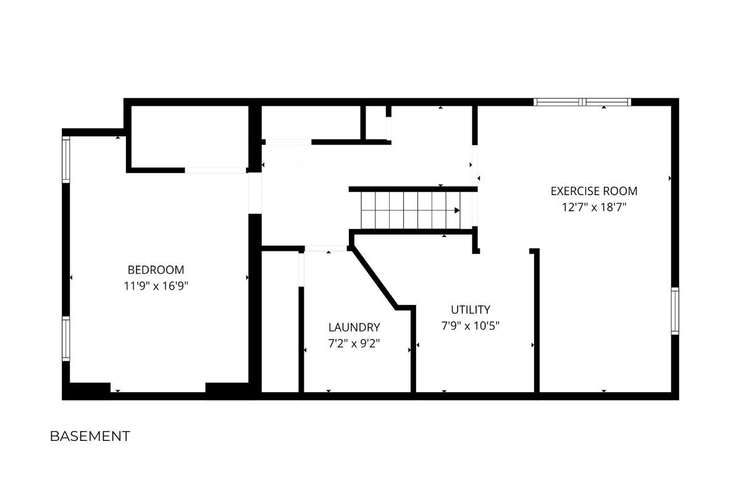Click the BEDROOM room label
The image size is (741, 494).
[156, 270]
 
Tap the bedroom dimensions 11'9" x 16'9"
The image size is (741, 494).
[156, 285]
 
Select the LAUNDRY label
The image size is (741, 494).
[354, 327]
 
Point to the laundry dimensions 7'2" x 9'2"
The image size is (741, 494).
[354, 343]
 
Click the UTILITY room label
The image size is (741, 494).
[471, 310]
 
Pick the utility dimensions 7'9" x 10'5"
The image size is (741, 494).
[471, 326]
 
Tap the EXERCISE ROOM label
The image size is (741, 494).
[594, 191]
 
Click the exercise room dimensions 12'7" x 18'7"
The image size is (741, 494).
[594, 207]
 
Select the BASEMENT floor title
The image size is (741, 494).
[90, 436]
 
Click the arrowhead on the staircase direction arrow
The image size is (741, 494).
[457, 210]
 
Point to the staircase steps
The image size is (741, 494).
[411, 211]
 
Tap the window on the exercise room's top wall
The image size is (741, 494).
[582, 102]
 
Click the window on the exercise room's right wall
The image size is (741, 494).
[675, 311]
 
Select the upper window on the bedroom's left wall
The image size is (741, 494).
[66, 159]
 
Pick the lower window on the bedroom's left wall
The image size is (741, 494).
[66, 339]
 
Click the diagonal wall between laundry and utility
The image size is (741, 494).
[374, 278]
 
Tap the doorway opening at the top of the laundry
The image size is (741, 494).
[326, 248]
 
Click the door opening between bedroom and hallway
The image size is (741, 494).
[255, 193]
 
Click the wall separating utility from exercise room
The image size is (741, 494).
[537, 320]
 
